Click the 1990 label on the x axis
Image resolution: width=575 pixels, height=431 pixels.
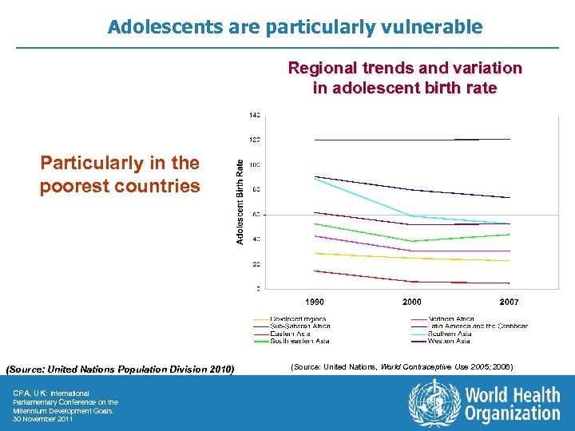(x=315, y=302)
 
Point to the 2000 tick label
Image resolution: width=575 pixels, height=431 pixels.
(x=412, y=302)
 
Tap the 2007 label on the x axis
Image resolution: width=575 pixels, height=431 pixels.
(x=509, y=302)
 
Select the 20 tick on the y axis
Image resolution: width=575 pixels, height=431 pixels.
(x=256, y=264)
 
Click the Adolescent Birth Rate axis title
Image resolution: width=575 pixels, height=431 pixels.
(x=240, y=200)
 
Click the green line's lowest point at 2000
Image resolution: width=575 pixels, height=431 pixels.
(x=412, y=241)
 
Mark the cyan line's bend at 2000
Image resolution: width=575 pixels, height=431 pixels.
(x=412, y=216)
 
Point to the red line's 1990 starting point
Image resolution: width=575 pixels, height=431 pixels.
(x=315, y=271)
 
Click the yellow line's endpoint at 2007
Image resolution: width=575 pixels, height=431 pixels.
(x=509, y=260)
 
